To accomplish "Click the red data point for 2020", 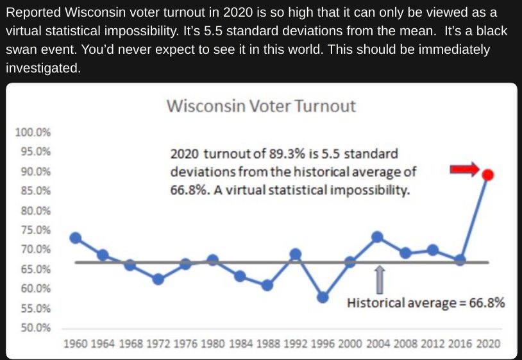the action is (488, 175).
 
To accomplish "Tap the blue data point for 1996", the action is (323, 297).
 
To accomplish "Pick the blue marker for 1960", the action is (76, 238).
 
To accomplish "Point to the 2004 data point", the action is (378, 237).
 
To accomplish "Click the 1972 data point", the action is (158, 279).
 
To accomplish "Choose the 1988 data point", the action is (267, 285).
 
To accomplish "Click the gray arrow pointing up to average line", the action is (380, 280).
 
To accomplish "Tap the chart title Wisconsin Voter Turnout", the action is (262, 106).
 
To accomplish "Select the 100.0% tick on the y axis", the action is (33, 132).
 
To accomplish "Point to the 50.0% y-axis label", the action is (36, 328).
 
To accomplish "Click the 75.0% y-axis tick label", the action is (36, 230).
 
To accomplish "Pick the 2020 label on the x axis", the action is (488, 343).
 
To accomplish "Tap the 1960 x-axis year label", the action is (76, 343).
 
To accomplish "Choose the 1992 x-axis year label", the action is (296, 343).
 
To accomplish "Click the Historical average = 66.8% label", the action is (426, 303).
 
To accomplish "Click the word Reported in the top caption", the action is (33, 13).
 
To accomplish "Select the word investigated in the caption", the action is (43, 68).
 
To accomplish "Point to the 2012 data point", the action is (432, 250).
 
